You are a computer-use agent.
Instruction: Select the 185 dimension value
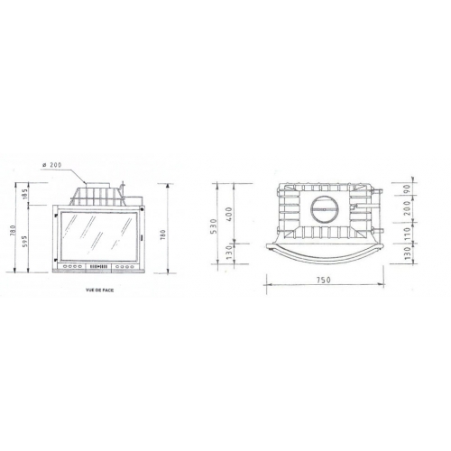point(25,193)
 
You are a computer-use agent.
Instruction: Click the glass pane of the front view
point(97,236)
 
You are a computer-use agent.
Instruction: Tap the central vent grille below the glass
point(97,268)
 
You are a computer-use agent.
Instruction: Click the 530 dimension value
point(213,225)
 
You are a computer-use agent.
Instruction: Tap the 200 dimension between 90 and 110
point(407,210)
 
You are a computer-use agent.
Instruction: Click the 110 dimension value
point(407,233)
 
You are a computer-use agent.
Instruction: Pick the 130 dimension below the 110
point(407,255)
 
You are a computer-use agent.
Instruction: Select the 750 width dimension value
point(322,281)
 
